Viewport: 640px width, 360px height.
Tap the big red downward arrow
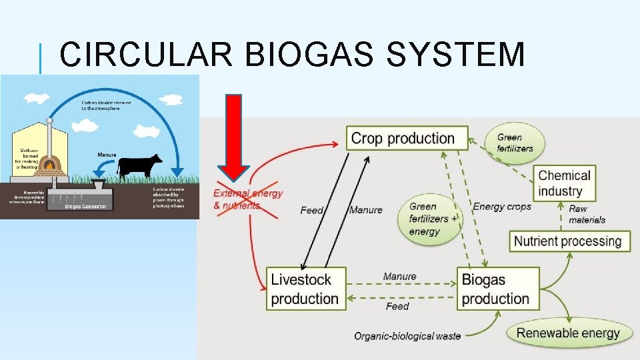tap(233, 137)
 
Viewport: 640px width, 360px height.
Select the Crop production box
tap(402, 139)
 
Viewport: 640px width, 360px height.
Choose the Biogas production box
tap(497, 289)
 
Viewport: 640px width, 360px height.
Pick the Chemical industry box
tap(564, 183)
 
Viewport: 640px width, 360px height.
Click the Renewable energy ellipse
tap(569, 333)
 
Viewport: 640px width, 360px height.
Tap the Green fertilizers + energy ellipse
tap(433, 219)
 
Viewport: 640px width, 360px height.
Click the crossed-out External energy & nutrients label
tap(247, 199)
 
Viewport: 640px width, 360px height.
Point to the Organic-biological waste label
tap(407, 336)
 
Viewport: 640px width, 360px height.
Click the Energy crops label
tap(501, 206)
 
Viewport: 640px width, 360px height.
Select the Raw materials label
tap(587, 214)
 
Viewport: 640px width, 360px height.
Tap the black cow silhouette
tap(140, 165)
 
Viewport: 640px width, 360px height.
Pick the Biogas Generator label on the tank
tap(81, 207)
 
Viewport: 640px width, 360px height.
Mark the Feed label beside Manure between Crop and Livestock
tap(312, 210)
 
